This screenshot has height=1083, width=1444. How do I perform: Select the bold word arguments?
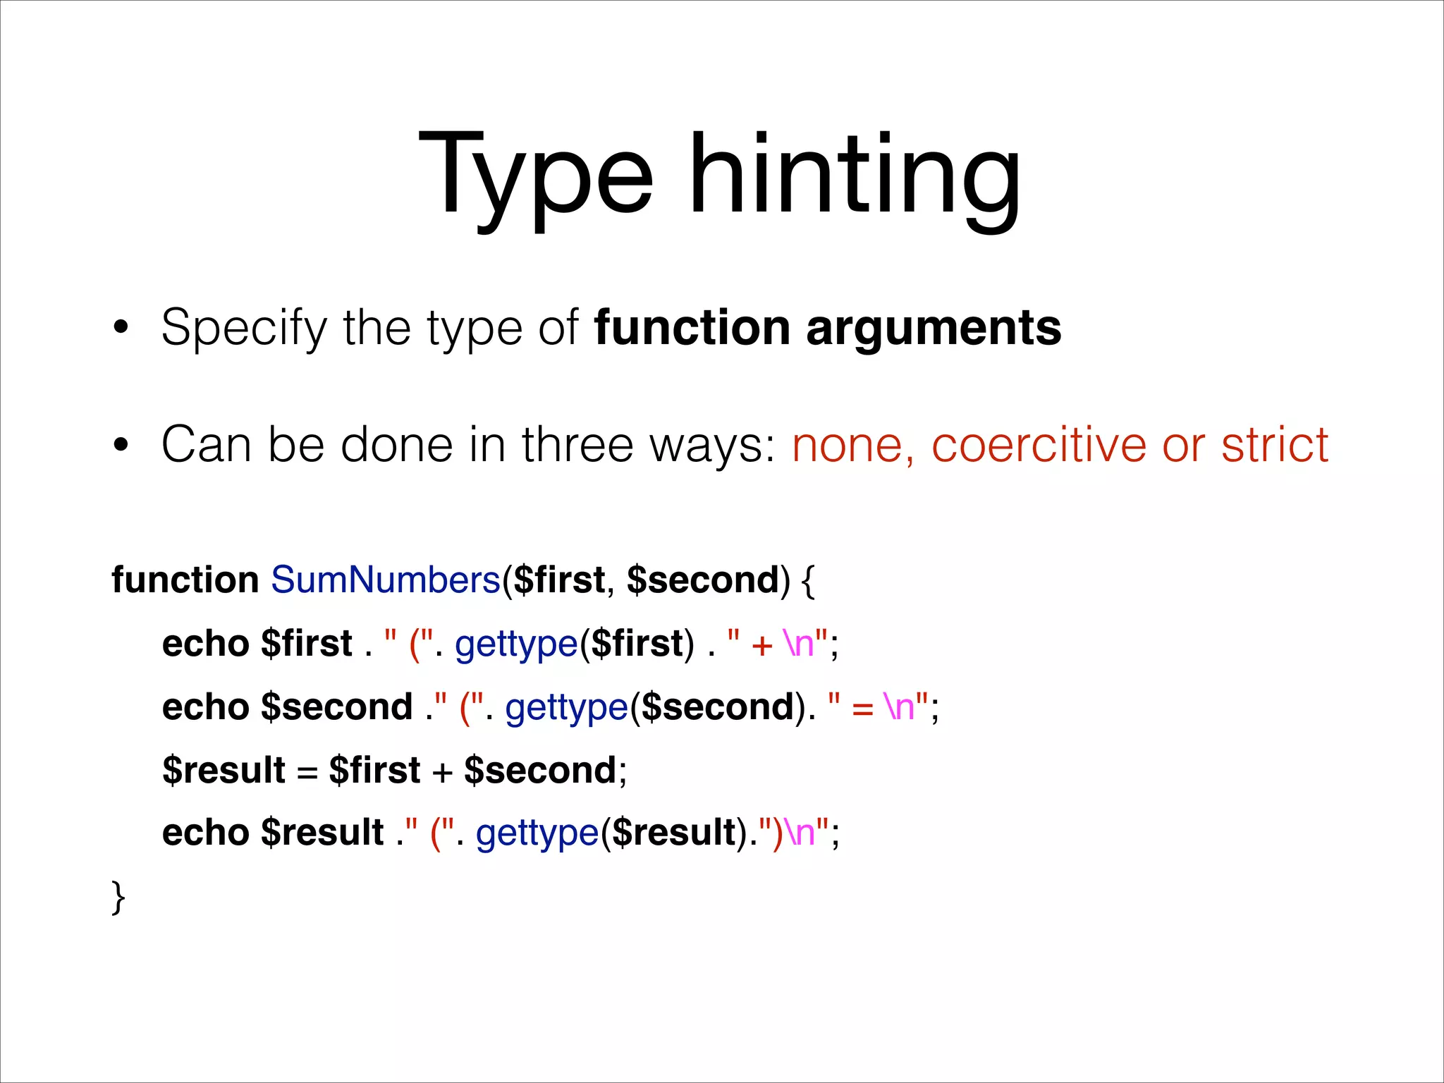tap(934, 329)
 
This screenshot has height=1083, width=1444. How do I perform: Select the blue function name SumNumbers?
tap(386, 580)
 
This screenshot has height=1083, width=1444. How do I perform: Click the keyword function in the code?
tap(185, 580)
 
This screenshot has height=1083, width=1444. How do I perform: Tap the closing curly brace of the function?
tap(118, 897)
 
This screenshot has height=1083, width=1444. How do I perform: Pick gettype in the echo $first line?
tap(516, 644)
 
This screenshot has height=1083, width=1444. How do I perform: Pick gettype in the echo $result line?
tap(537, 833)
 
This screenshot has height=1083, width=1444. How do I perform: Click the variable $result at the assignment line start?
tap(224, 770)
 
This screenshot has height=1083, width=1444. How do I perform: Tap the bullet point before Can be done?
tap(121, 445)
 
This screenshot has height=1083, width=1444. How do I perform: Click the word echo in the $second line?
tap(205, 707)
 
